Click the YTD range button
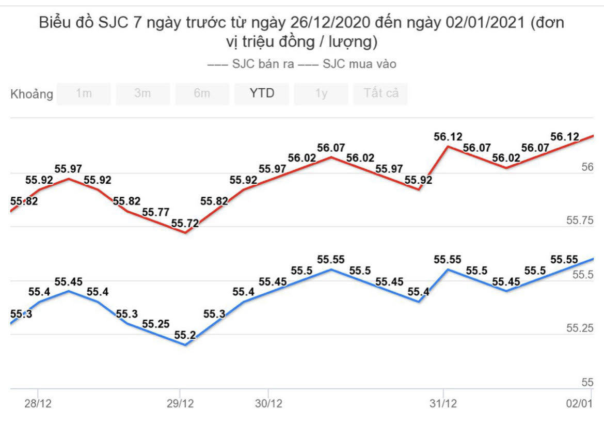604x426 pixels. point(262,94)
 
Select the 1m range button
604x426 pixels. point(84,94)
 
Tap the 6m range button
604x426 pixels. point(202,94)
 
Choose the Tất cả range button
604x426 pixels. point(380,94)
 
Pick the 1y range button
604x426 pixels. point(321,94)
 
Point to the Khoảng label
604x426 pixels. point(32,94)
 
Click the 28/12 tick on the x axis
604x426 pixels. point(38,403)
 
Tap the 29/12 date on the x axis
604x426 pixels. point(179,403)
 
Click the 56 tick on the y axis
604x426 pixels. point(587,167)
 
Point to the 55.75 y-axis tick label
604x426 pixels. point(580,221)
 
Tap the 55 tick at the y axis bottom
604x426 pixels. point(587,383)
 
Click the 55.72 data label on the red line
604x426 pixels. point(185,224)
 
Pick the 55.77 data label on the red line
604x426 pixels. point(155,212)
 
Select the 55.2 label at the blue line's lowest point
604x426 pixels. point(185,335)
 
